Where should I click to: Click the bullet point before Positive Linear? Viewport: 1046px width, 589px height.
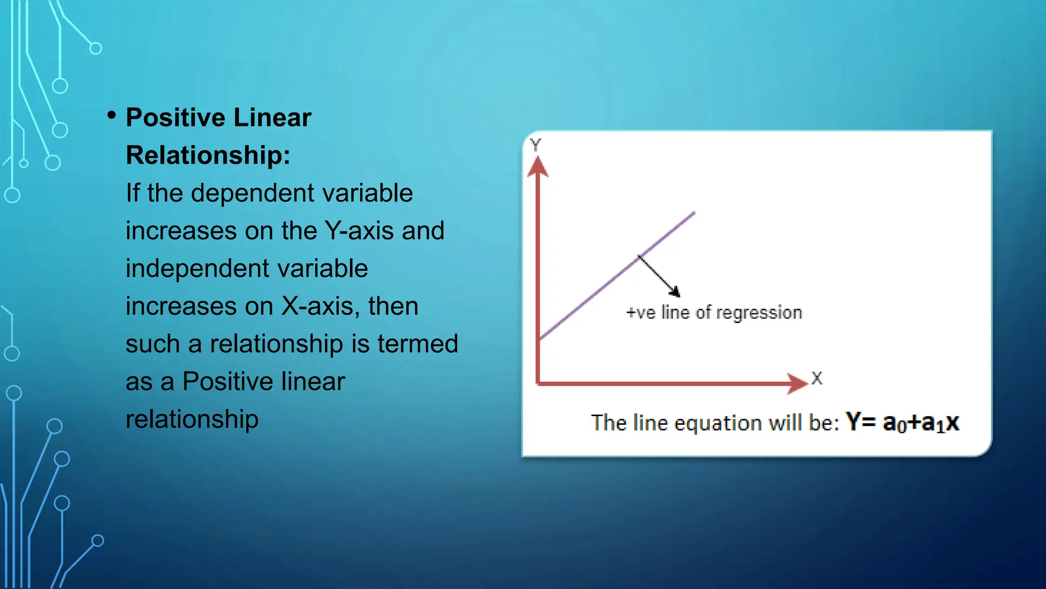112,116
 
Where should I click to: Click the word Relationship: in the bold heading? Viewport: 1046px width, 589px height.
208,155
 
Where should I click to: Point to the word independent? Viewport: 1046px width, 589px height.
247,268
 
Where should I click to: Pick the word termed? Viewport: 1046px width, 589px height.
417,344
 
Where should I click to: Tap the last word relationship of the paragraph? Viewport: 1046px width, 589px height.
192,419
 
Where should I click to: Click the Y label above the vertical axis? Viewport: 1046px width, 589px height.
535,145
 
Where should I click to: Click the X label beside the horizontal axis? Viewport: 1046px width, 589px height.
817,378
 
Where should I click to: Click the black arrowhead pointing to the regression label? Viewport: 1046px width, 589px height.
675,292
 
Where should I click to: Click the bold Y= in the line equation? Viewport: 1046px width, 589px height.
861,422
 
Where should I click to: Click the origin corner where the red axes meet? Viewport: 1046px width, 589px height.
538,383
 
